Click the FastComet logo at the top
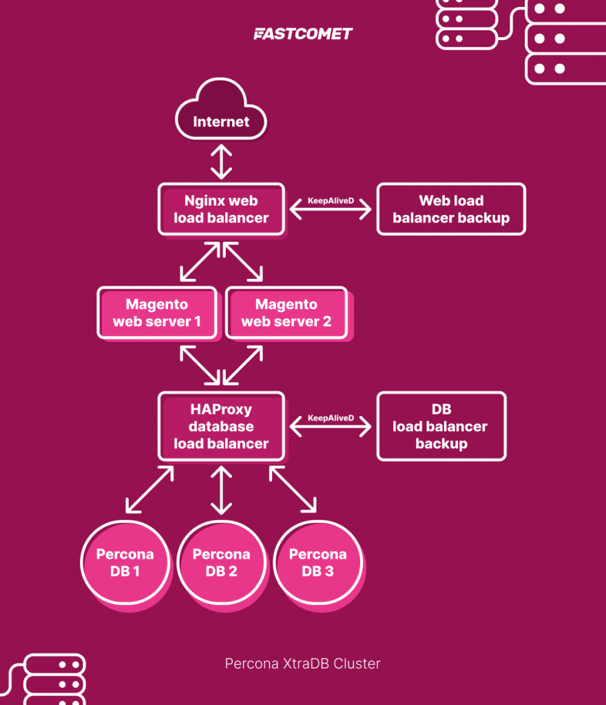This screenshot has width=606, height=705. tap(302, 34)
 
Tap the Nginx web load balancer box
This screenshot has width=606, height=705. tap(221, 209)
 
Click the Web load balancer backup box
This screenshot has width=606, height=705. tap(451, 209)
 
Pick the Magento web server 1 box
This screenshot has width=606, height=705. tap(157, 313)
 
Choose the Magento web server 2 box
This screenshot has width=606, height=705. tap(286, 313)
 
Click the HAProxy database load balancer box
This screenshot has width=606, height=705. tap(221, 426)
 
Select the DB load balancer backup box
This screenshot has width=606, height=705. tap(441, 426)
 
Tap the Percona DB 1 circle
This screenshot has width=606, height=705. tap(125, 562)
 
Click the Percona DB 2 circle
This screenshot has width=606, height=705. tap(221, 562)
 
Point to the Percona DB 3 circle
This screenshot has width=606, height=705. tap(317, 562)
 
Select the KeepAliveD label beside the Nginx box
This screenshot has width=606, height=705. tap(331, 199)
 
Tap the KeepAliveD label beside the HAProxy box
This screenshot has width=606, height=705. tap(331, 417)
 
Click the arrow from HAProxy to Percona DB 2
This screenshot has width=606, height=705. tap(221, 490)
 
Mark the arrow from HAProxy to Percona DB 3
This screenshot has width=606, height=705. tap(293, 490)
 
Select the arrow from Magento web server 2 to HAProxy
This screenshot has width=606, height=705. tap(243, 365)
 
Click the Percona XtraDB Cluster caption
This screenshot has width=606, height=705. tap(302, 664)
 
